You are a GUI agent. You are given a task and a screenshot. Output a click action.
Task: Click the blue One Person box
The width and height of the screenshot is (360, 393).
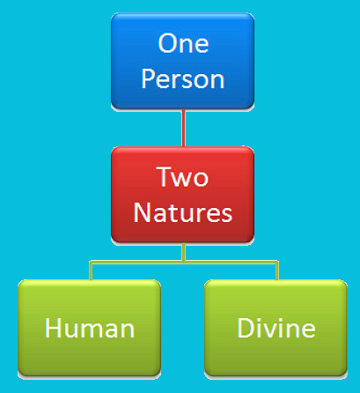tap(182, 61)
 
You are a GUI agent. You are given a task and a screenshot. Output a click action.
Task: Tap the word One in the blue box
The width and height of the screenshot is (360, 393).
tap(183, 43)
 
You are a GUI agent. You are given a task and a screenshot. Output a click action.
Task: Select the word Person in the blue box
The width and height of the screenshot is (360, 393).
tap(183, 78)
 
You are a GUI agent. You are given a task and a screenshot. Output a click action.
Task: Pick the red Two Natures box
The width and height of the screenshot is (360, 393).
tap(182, 195)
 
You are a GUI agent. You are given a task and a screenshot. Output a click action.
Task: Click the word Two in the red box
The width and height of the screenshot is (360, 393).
tap(182, 176)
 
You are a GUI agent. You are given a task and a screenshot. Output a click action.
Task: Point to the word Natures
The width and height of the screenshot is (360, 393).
tap(183, 212)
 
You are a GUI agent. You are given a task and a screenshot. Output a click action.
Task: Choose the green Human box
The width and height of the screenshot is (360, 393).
tap(89, 328)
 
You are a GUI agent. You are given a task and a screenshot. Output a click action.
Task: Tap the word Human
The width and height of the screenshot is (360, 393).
tap(90, 328)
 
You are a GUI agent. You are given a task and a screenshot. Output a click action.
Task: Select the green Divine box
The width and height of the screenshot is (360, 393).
tap(276, 328)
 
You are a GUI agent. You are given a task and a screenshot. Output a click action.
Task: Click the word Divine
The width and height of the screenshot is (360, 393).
tap(276, 328)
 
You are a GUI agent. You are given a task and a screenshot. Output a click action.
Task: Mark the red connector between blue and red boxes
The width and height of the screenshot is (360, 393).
tap(184, 128)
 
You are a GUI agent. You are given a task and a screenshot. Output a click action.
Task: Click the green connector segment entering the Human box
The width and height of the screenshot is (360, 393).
tap(91, 271)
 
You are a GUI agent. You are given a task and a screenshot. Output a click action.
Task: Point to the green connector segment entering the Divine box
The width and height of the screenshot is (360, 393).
tap(277, 271)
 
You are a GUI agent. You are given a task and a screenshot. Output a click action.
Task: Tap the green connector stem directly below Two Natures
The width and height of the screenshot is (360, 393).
tap(184, 252)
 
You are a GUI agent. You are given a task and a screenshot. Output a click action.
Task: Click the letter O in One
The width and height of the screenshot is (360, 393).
tap(167, 43)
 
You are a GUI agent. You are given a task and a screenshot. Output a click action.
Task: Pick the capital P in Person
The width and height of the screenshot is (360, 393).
tap(148, 78)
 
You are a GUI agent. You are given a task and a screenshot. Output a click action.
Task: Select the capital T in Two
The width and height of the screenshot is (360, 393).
tap(165, 176)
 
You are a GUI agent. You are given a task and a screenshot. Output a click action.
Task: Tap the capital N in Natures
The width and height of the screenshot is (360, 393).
tap(142, 212)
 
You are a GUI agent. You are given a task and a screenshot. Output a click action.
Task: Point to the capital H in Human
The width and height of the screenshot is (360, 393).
tap(53, 328)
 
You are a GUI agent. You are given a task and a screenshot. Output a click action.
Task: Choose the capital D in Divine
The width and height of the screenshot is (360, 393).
tap(246, 328)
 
